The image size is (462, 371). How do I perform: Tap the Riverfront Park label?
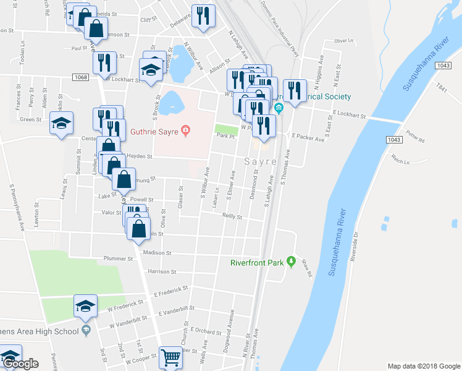click(256, 263)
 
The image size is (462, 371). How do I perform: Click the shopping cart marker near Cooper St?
click(170, 357)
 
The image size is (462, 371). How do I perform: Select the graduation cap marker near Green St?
click(62, 123)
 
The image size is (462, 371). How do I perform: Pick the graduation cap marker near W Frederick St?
click(86, 305)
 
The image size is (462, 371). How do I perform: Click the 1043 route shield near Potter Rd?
click(395, 140)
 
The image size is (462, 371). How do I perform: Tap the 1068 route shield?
click(80, 77)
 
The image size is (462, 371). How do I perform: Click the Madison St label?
click(157, 253)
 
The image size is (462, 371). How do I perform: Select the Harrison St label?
click(161, 271)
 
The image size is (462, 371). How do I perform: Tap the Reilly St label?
click(232, 217)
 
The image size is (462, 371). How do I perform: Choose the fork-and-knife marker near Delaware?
click(203, 17)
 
